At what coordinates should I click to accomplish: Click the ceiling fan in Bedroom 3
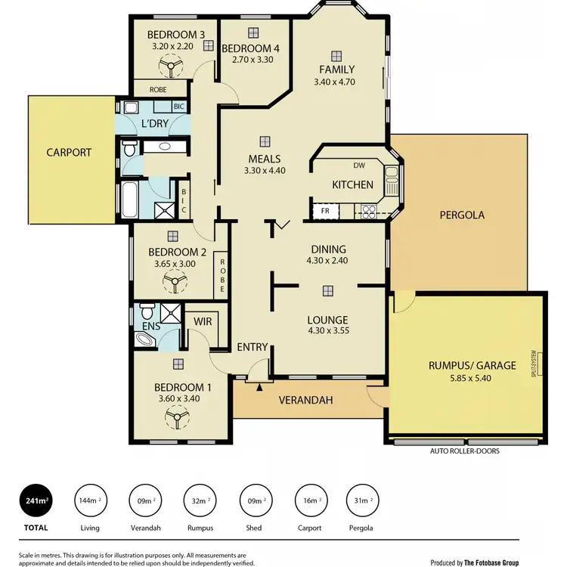pyautogui.click(x=173, y=70)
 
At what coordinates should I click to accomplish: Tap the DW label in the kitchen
pyautogui.click(x=358, y=166)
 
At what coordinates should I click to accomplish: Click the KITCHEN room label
pyautogui.click(x=352, y=184)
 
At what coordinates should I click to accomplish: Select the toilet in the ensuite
pyautogui.click(x=147, y=311)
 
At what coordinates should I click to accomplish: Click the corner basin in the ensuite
pyautogui.click(x=144, y=340)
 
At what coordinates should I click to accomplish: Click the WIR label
pyautogui.click(x=203, y=321)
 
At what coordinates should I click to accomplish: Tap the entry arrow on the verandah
pyautogui.click(x=259, y=387)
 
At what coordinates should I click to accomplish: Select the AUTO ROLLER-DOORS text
pyautogui.click(x=465, y=451)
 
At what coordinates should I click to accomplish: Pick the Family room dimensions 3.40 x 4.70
pyautogui.click(x=335, y=82)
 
